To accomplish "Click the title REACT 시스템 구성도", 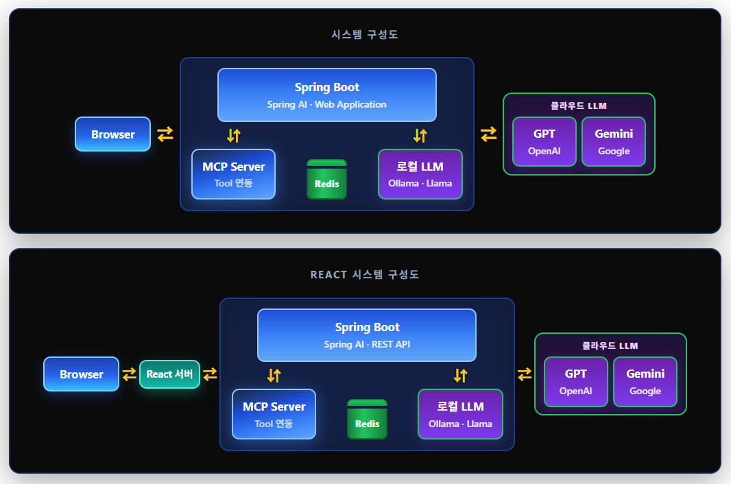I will pyautogui.click(x=365, y=274).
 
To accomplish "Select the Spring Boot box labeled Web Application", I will pyautogui.click(x=326, y=95).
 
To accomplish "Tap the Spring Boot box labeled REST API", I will pyautogui.click(x=366, y=335).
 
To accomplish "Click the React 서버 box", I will pyautogui.click(x=169, y=374).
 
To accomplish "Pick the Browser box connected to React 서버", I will pyautogui.click(x=81, y=374).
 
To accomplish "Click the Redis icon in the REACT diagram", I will pyautogui.click(x=367, y=419).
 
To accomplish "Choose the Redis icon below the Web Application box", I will pyautogui.click(x=326, y=179).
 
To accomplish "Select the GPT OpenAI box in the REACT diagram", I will pyautogui.click(x=575, y=382).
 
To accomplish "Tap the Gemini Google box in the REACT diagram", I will pyautogui.click(x=645, y=382).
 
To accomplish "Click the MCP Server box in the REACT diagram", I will pyautogui.click(x=274, y=414).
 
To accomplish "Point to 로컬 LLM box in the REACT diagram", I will pyautogui.click(x=460, y=414).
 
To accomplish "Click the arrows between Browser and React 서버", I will pyautogui.click(x=129, y=374).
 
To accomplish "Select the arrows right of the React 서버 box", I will pyautogui.click(x=210, y=374).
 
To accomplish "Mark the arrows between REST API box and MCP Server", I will pyautogui.click(x=274, y=375).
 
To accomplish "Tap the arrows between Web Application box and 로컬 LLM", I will pyautogui.click(x=420, y=135).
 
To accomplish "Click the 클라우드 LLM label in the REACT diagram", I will pyautogui.click(x=610, y=346).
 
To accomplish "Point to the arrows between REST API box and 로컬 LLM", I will pyautogui.click(x=460, y=375).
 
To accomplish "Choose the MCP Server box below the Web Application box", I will pyautogui.click(x=233, y=174).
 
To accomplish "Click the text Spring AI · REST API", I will pyautogui.click(x=367, y=344).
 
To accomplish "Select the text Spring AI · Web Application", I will pyautogui.click(x=326, y=104).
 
